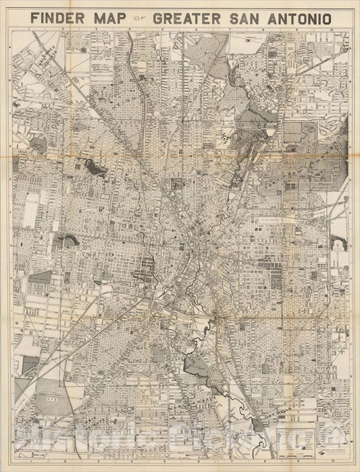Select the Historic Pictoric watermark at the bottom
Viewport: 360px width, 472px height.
[180, 449]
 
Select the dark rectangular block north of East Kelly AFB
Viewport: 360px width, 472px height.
[31, 365]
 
